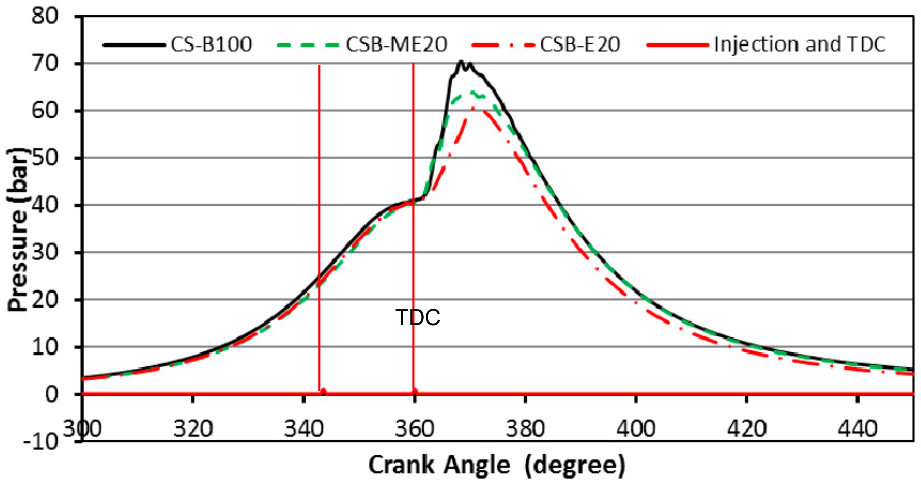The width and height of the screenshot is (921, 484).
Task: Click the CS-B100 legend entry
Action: click(211, 45)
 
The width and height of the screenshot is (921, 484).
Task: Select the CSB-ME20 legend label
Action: click(396, 45)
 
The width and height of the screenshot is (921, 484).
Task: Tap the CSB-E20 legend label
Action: click(580, 45)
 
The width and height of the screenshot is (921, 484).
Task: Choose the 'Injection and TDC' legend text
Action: click(799, 45)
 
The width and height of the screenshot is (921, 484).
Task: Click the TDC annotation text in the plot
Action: click(418, 317)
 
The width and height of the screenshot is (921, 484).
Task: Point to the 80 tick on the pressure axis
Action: click(45, 16)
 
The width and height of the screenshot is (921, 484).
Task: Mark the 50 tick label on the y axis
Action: click(45, 158)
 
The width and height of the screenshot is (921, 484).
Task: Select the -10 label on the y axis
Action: click(40, 442)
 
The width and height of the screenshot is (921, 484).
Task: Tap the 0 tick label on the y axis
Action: click(52, 394)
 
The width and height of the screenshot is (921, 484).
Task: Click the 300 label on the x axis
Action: click(82, 428)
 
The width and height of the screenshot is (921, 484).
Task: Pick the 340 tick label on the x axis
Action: click(303, 428)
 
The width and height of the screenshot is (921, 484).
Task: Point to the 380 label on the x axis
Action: click(525, 428)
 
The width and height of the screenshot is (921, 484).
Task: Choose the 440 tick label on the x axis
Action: click(857, 428)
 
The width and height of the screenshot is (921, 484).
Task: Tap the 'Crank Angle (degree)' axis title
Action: click(497, 465)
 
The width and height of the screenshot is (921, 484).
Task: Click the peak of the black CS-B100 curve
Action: click(461, 62)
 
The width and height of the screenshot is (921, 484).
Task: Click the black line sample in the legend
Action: click(134, 45)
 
